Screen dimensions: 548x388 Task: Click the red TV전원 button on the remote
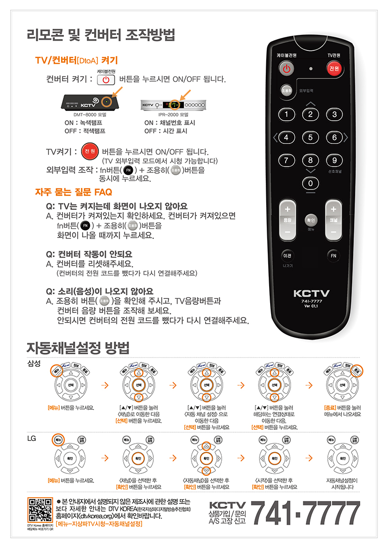(x=334, y=69)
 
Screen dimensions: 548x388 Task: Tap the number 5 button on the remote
(x=310, y=138)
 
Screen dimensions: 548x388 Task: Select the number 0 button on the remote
(x=310, y=183)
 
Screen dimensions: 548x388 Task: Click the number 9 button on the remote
(x=334, y=160)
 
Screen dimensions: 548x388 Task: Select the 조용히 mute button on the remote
(x=286, y=91)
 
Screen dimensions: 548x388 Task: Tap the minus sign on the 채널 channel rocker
(x=333, y=232)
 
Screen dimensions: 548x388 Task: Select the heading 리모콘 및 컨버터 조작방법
(x=100, y=35)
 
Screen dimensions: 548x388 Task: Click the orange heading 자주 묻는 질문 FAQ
(x=74, y=192)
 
